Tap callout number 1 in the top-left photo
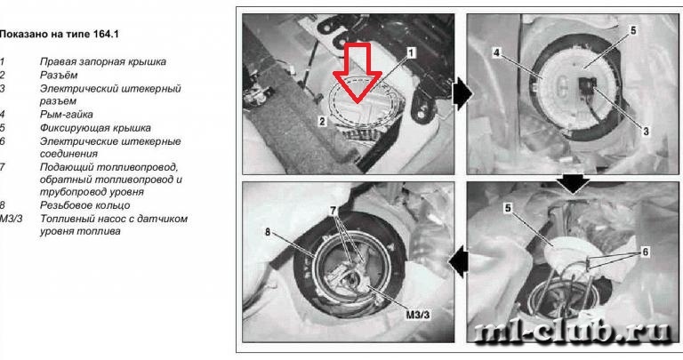[411, 53]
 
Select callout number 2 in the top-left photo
[322, 121]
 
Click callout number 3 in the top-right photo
[646, 130]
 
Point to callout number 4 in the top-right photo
[496, 53]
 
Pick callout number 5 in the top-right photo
[633, 30]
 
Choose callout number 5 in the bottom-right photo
[508, 209]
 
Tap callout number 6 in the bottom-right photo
[645, 252]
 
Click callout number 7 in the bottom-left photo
[333, 211]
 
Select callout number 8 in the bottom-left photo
[268, 233]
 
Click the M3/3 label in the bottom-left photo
[418, 315]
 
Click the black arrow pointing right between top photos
[462, 95]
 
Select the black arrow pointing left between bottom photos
[458, 262]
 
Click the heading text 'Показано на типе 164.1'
[59, 34]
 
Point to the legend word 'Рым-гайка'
[66, 115]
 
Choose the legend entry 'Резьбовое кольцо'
[85, 205]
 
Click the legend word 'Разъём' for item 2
[59, 75]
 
